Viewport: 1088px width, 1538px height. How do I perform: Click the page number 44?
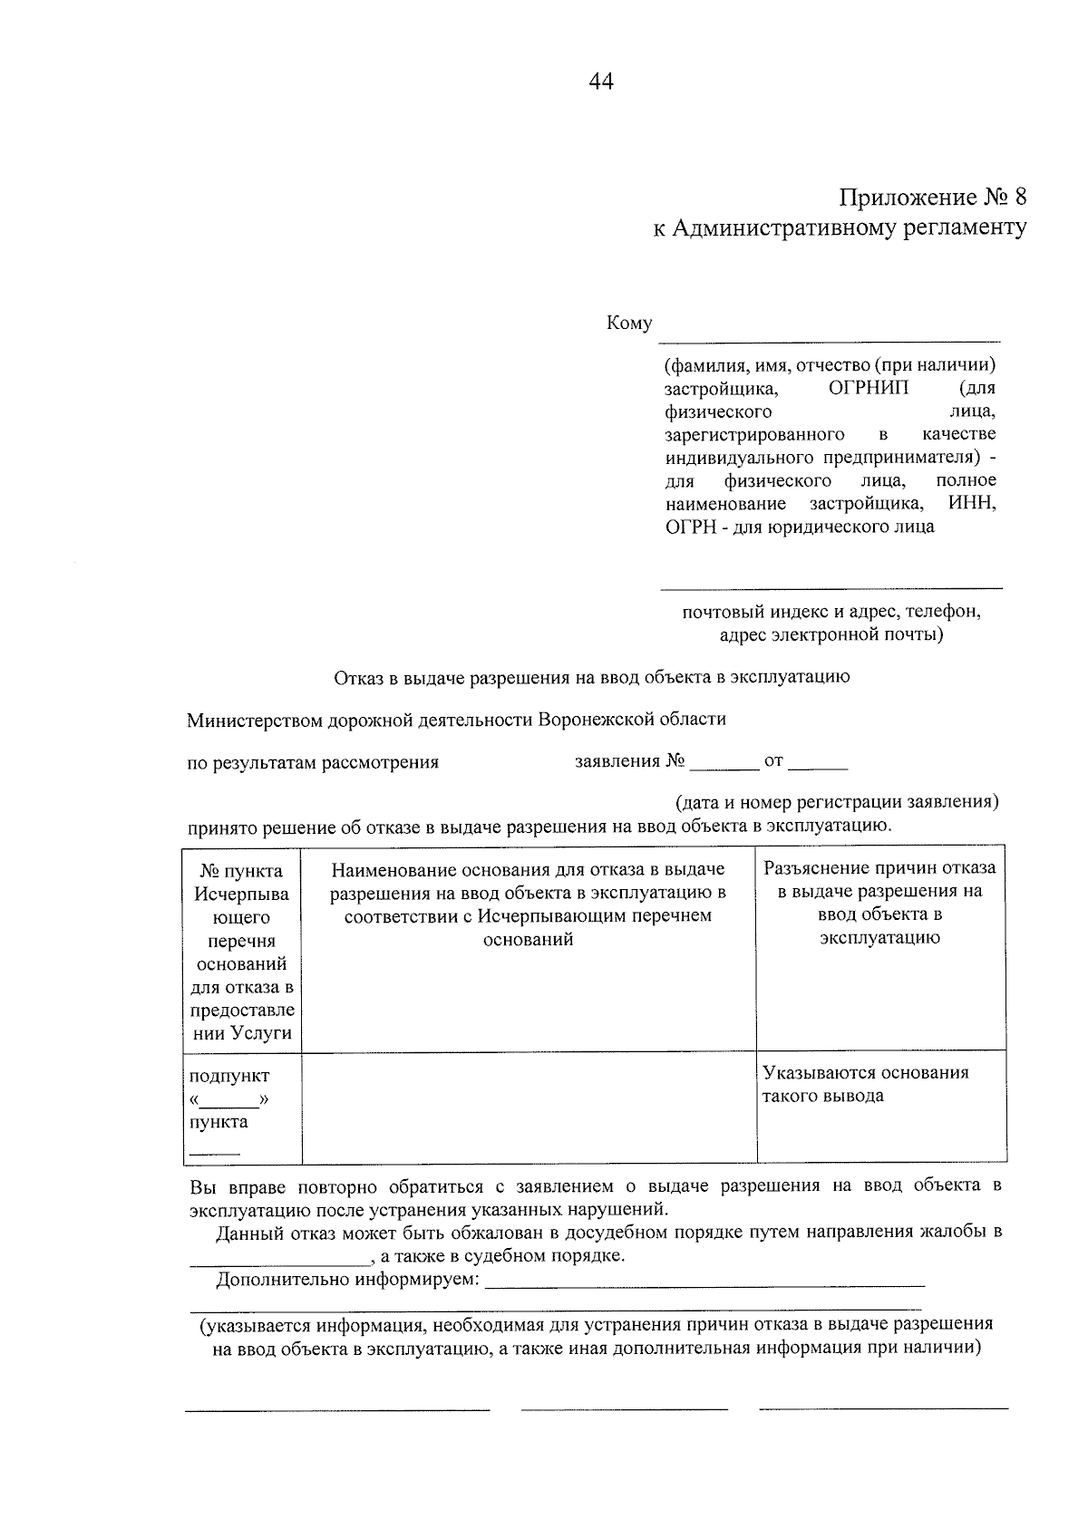click(601, 82)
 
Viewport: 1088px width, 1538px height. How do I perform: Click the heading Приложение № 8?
click(933, 198)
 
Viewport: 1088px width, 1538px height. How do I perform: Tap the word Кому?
click(628, 324)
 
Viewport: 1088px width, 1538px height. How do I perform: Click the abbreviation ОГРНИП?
click(869, 388)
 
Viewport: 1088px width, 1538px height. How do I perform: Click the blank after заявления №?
click(724, 766)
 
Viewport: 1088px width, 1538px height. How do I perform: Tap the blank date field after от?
click(818, 766)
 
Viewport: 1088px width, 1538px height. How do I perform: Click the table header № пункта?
click(241, 871)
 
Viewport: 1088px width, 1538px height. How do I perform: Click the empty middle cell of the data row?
click(529, 1108)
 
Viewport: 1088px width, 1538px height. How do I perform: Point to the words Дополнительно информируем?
click(347, 1280)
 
